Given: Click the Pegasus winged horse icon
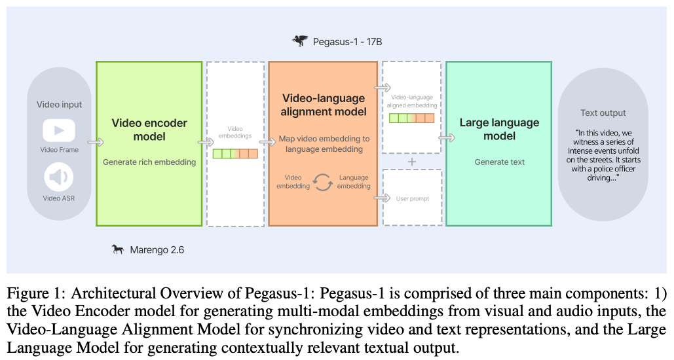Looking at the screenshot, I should pos(300,41).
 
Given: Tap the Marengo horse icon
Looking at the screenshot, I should pos(118,249).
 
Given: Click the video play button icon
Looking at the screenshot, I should pos(59,130).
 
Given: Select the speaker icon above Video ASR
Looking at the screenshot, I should pos(59,177).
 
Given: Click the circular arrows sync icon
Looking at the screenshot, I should pos(323,182).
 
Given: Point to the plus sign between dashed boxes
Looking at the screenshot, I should pos(411,161).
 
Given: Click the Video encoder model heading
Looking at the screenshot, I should pos(149,130).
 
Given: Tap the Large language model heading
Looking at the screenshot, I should pos(499,130).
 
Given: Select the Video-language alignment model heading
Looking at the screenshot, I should pos(323,105).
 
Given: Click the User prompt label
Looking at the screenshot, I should pos(412,198).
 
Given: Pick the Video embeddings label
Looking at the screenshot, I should pos(235,133).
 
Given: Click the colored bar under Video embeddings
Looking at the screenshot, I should pos(235,154).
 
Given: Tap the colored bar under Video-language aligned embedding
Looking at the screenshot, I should pos(411,118).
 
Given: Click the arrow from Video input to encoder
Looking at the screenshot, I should pos(96,141).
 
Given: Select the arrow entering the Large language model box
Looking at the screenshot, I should pos(447,138).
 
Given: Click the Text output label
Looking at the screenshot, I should pos(603,113).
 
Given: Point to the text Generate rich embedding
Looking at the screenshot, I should pos(149,162).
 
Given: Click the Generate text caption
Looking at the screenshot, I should pos(499,162).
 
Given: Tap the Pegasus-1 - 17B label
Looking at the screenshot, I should pos(346,42).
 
